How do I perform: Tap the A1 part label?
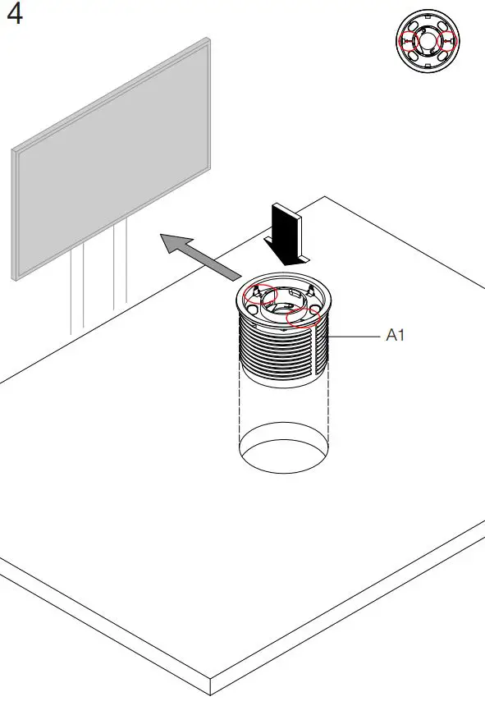[396, 336]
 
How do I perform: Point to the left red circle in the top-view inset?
[407, 42]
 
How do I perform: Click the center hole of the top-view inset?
[427, 42]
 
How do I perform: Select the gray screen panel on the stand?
[111, 156]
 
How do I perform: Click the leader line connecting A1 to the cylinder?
[353, 336]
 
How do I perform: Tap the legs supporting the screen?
[98, 287]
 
